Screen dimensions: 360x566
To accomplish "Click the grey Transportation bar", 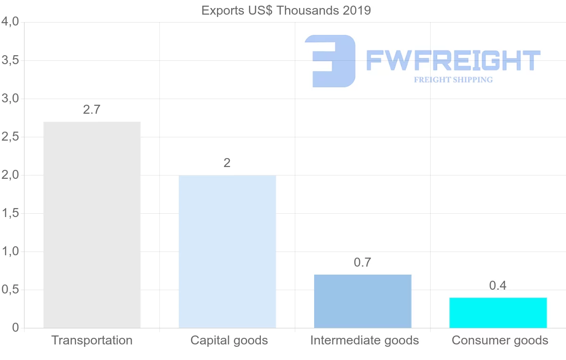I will coord(92,225).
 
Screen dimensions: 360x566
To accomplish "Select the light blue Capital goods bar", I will coord(227,251).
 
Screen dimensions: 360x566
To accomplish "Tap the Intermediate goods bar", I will coord(363,301).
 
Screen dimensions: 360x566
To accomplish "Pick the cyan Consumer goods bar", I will coord(498,313).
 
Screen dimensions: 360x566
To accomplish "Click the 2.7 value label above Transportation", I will coord(92,110).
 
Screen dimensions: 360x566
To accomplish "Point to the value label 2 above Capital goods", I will coord(227,163).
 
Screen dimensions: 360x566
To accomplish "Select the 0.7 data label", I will coord(362,263).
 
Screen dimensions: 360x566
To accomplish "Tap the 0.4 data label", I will coord(498,286).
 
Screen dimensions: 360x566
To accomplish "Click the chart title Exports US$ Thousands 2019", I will coord(286,10).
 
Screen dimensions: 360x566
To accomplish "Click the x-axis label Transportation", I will coord(92,340).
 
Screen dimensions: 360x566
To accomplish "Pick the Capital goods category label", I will coord(229,340).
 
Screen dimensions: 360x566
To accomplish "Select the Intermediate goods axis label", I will coord(365,340).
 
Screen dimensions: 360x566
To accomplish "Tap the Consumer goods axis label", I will coord(500,340).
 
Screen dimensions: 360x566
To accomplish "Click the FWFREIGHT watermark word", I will coord(453,61).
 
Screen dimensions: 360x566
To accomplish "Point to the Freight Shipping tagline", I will coord(453,80).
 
